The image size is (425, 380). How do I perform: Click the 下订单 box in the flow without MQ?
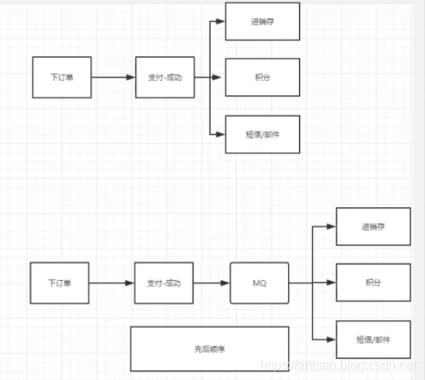point(62,78)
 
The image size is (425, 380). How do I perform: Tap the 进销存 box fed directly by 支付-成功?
point(262,22)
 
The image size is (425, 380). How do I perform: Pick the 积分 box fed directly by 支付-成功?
point(262,78)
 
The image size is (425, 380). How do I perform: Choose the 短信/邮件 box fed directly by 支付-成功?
point(262,133)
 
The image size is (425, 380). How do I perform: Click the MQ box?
point(260,283)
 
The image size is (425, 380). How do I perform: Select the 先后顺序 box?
point(209,348)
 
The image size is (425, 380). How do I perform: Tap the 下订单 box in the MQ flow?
point(59,283)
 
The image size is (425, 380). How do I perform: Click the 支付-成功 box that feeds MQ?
point(165,283)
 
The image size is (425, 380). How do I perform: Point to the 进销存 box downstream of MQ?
point(371,227)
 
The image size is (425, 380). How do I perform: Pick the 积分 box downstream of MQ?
point(371,283)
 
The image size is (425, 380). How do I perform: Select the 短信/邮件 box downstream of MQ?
point(371,339)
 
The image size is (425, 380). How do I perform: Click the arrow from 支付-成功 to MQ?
point(213,283)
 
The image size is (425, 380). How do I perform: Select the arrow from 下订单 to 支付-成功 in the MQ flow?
point(111,283)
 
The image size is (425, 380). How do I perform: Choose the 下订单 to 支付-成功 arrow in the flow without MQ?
point(114,78)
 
